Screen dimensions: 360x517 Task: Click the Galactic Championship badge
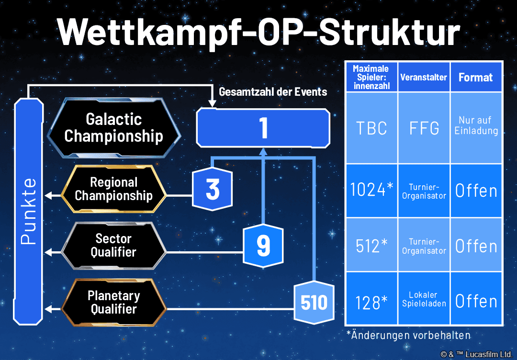pos(113,128)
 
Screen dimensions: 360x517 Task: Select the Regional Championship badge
pos(114,189)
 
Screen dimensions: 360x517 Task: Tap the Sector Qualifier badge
pos(113,245)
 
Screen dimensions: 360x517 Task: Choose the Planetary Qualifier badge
pos(113,302)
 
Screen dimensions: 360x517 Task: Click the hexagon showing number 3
pos(213,190)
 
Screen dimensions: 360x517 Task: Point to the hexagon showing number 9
pos(263,246)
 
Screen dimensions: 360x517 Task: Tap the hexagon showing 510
pos(314,302)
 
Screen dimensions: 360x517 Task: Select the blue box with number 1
pos(263,128)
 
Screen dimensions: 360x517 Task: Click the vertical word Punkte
pos(29,211)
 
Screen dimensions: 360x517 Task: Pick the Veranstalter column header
pos(424,77)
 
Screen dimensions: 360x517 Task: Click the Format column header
pos(476,77)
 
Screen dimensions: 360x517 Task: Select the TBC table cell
pos(371,128)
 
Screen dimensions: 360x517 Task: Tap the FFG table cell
pos(424,128)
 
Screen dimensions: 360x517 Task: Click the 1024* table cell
pos(371,191)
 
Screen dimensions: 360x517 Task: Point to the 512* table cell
pos(371,246)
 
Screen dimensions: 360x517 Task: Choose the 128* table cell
pos(371,301)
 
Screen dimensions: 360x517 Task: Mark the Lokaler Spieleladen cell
pos(424,299)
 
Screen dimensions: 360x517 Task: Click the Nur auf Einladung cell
pos(476,125)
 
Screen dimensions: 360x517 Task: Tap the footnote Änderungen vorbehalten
pos(408,335)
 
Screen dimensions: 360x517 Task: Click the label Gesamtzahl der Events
pos(273,92)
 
